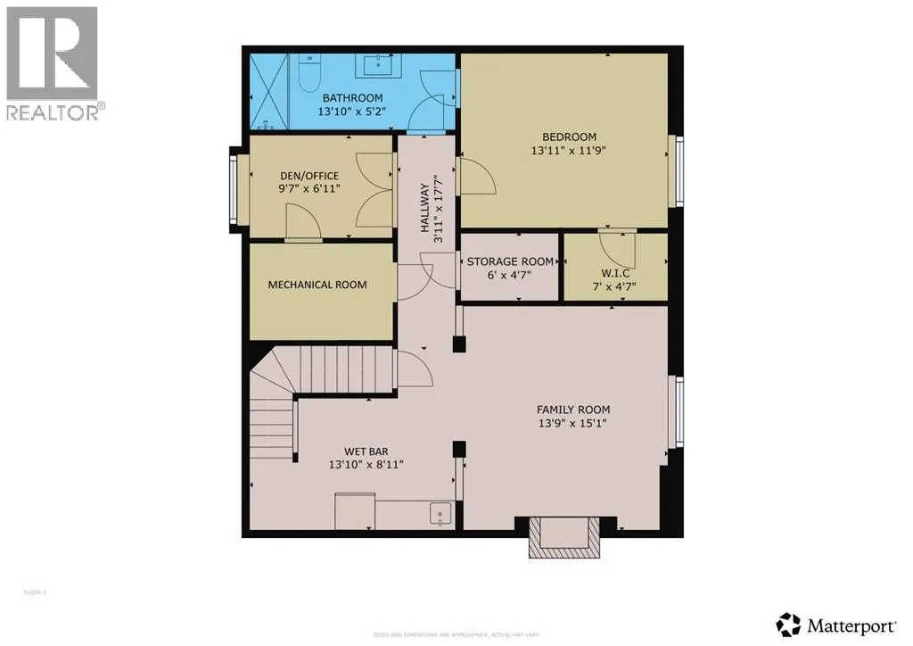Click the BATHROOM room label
352,98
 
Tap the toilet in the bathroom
306,73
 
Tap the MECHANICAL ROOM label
317,285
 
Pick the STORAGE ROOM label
510,261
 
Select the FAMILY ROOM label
572,410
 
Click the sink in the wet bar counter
439,513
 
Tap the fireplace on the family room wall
563,537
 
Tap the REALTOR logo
53,63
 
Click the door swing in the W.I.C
616,246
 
